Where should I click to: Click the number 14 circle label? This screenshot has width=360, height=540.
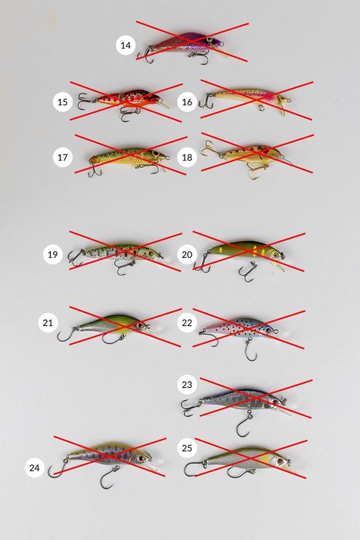(x=125, y=45)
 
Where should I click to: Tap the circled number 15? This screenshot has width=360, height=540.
(x=63, y=102)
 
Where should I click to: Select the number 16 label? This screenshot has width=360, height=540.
(x=187, y=102)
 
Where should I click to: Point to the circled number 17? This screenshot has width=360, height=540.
(x=63, y=158)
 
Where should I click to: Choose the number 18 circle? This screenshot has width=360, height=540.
(x=187, y=158)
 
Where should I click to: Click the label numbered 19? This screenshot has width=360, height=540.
(x=53, y=254)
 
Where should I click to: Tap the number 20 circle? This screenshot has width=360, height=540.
(x=187, y=254)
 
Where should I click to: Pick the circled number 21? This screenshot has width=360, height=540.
(x=48, y=323)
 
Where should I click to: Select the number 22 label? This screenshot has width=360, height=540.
(x=187, y=323)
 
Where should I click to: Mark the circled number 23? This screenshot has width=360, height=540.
(x=187, y=385)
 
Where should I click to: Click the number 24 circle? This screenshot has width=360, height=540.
(x=35, y=467)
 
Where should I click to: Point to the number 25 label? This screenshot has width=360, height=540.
(x=187, y=448)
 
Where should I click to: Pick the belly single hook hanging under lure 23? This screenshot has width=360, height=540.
(x=244, y=423)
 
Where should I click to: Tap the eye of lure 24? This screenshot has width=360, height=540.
(x=141, y=459)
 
